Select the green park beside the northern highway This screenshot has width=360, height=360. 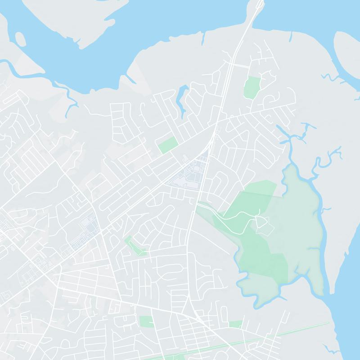(252, 86)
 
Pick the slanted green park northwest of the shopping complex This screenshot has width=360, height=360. (167, 145)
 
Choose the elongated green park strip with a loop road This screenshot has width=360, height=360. (135, 246)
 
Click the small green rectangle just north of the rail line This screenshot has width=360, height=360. (235, 324)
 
